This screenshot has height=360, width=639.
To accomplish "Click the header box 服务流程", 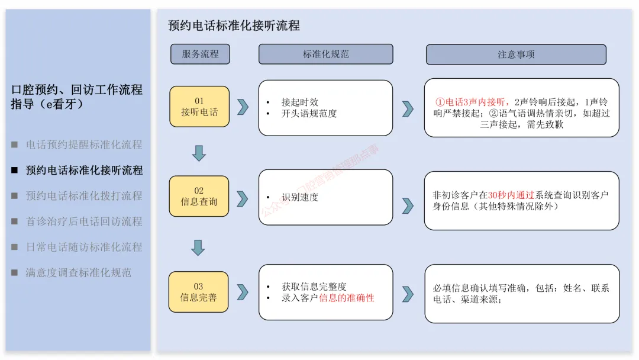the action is (x=200, y=54).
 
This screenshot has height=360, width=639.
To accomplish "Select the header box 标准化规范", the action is (x=325, y=54).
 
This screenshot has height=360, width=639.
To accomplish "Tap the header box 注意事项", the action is (x=516, y=54).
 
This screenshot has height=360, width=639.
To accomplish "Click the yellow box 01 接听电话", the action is (x=199, y=107).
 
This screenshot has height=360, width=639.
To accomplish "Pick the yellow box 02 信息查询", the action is (x=199, y=196).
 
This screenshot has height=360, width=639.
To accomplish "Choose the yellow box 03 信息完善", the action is (x=199, y=292).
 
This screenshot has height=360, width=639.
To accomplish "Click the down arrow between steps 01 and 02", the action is (x=199, y=153).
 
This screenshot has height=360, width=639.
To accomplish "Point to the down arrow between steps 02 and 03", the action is (x=198, y=247).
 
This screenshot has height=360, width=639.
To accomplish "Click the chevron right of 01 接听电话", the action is (x=243, y=107).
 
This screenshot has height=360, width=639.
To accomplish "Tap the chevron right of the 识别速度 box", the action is (x=408, y=205).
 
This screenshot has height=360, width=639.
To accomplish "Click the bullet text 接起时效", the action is (x=300, y=102).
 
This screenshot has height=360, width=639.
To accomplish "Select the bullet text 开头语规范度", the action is (x=309, y=114).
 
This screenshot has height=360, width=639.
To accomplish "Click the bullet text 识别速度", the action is (x=300, y=197).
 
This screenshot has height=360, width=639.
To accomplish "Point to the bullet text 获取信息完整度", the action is (x=314, y=287).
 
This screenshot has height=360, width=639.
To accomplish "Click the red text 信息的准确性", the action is (x=347, y=298).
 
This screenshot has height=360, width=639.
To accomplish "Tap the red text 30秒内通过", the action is (x=511, y=195).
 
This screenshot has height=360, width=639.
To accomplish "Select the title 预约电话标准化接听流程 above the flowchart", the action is (x=234, y=25).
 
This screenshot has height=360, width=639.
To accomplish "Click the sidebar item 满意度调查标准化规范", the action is (x=78, y=273).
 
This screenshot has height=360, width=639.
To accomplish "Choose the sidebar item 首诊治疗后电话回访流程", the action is (x=84, y=221).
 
